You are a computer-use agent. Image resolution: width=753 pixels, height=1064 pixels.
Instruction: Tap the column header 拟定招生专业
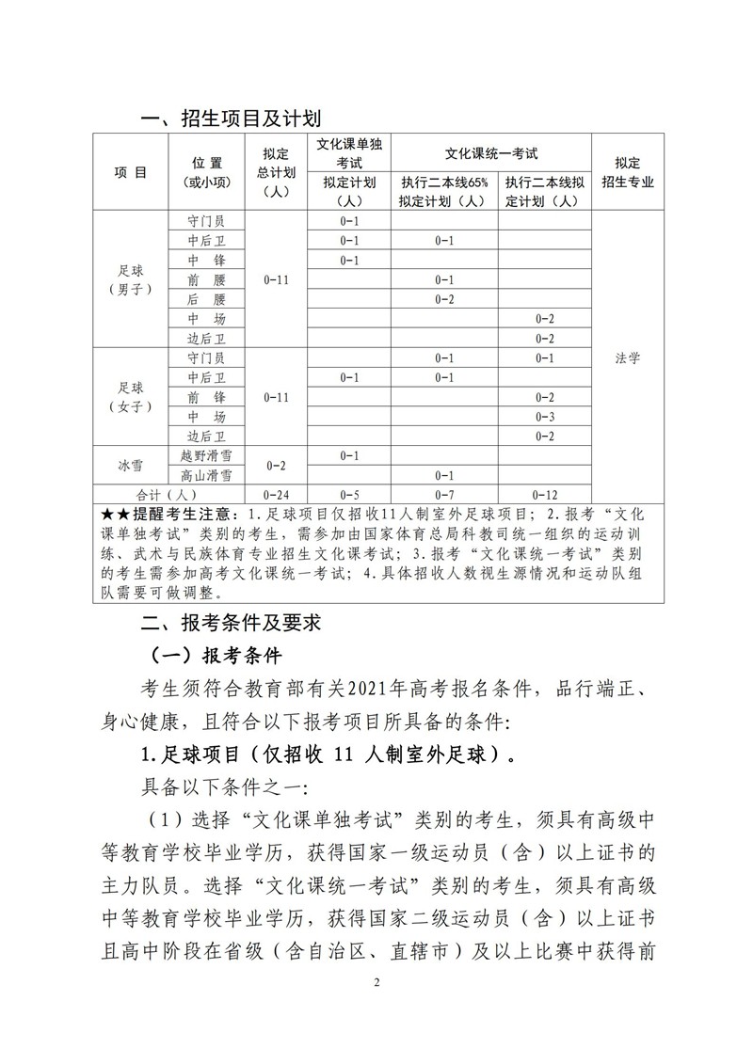click(628, 172)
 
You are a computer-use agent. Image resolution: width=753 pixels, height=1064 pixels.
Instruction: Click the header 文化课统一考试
click(491, 152)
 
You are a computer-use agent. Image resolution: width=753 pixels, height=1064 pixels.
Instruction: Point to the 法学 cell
click(628, 358)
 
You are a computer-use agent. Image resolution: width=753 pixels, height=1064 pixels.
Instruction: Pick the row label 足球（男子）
click(130, 279)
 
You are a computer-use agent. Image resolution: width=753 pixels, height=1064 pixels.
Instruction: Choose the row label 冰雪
click(130, 465)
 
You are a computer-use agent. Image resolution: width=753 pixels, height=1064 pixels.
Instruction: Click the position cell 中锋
click(205, 260)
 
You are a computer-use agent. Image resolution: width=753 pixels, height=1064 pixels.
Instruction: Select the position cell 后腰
click(205, 299)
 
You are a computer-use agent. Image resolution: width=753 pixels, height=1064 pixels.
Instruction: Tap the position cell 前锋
click(205, 397)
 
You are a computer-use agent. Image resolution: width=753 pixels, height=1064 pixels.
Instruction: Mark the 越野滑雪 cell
click(205, 455)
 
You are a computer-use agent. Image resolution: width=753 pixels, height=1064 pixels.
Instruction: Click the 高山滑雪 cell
click(205, 475)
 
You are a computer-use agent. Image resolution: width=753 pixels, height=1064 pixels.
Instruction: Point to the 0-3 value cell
click(544, 417)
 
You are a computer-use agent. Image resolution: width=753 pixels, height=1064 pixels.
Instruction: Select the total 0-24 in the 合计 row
click(277, 494)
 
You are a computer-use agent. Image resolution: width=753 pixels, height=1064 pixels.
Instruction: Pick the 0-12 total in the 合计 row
click(544, 494)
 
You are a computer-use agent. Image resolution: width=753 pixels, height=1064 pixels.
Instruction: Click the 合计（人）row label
click(168, 494)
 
